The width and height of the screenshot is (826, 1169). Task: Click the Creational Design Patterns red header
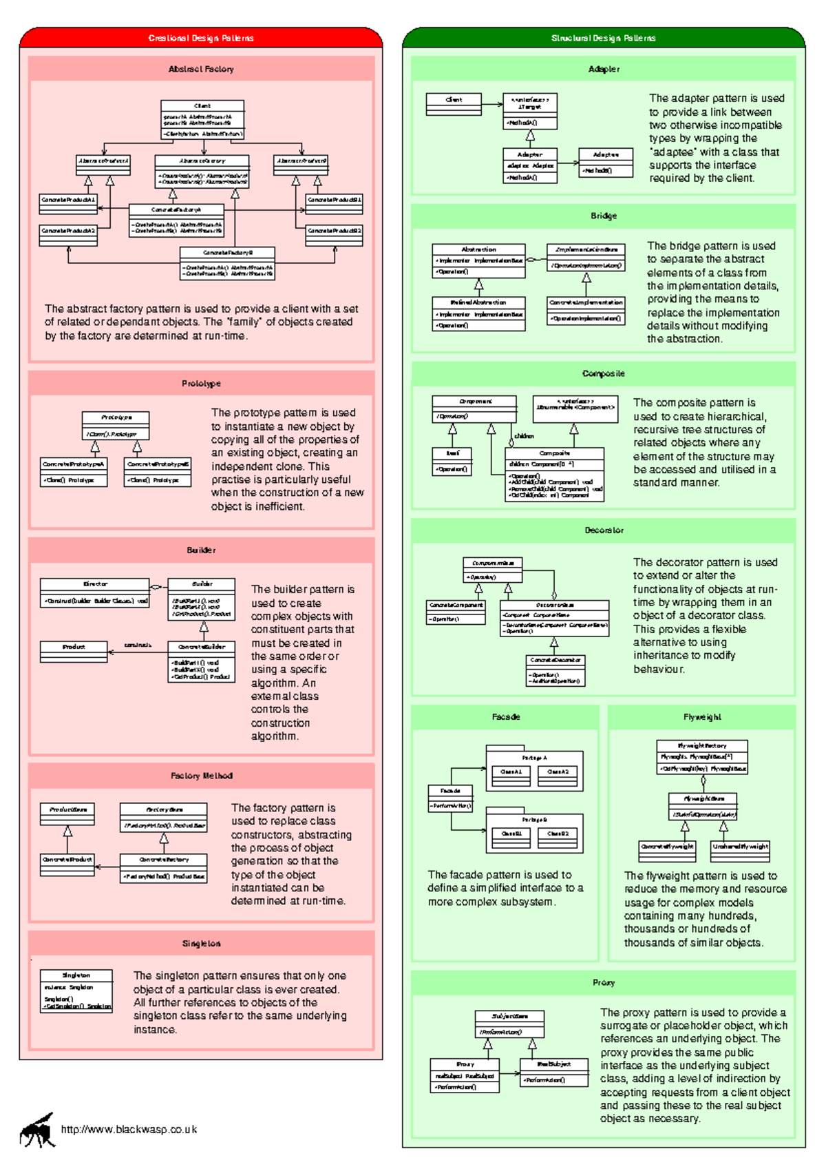200,38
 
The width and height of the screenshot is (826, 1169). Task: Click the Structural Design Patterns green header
603,38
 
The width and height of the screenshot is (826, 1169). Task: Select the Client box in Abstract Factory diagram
202,119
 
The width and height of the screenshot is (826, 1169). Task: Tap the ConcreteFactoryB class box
227,263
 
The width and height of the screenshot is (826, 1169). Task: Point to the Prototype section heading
201,383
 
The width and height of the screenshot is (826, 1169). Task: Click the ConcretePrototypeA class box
73,472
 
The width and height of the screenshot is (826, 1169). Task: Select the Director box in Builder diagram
95,592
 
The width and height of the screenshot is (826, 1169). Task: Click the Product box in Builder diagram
74,651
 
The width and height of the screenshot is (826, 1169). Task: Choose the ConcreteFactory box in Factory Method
163,867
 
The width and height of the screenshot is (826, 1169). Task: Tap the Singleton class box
76,991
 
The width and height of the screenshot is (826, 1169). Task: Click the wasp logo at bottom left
38,1130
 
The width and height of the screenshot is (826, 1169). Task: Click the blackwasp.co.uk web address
129,1129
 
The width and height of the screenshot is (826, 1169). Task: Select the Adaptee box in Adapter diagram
606,163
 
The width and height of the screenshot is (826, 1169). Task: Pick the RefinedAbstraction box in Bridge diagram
478,313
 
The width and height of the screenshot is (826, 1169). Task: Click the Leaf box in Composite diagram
452,461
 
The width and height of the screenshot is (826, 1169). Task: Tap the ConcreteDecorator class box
555,670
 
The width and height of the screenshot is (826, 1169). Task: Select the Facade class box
450,798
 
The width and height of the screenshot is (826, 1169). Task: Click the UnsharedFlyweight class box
740,851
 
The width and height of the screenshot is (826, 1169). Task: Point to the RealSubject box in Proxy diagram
553,1072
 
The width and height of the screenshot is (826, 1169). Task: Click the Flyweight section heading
702,716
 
